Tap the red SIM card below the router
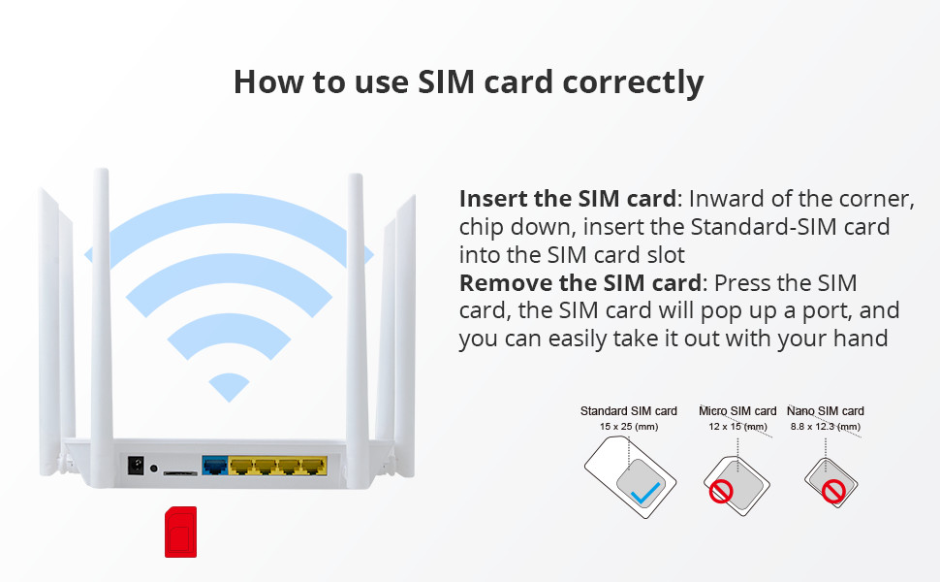click(180, 532)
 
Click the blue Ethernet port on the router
click(215, 466)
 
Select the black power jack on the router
click(136, 465)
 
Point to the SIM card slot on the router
click(180, 473)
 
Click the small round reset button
click(153, 468)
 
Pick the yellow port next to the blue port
click(241, 466)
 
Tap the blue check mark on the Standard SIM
click(645, 493)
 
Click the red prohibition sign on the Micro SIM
click(721, 492)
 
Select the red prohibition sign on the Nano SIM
click(833, 492)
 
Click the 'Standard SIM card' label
click(628, 411)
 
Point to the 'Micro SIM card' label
click(737, 411)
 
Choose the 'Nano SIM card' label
click(826, 411)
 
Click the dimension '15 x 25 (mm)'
click(629, 427)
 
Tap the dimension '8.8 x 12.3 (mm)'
click(826, 427)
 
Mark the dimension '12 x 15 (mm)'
click(738, 427)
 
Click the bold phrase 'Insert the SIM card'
click(568, 199)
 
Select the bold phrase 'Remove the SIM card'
click(580, 282)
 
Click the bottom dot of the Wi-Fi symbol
click(229, 387)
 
